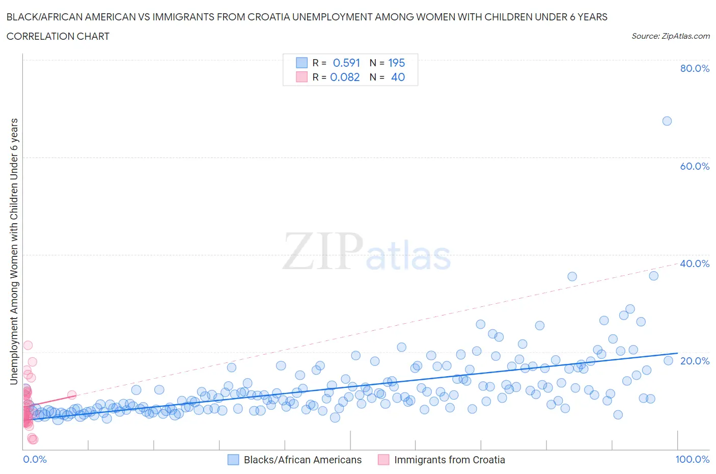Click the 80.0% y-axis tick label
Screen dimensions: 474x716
click(x=695, y=68)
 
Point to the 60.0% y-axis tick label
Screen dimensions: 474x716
click(x=695, y=166)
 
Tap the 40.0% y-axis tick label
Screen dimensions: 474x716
click(x=695, y=264)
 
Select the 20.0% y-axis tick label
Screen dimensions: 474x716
click(x=695, y=361)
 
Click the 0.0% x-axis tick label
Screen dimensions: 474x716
click(x=35, y=459)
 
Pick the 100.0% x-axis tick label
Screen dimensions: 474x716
click(x=692, y=459)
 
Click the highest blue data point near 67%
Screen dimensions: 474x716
click(x=667, y=121)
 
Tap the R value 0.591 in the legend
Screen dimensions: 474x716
click(x=346, y=63)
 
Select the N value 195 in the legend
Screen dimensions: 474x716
click(x=396, y=63)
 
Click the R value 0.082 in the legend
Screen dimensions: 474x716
click(x=345, y=77)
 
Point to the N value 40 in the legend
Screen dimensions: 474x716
click(x=398, y=77)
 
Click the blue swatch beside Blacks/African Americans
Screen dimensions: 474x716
click(x=233, y=460)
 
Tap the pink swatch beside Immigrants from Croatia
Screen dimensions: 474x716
click(x=383, y=460)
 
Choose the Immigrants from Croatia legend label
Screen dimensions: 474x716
click(x=450, y=460)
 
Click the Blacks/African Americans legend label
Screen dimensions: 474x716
click(x=302, y=460)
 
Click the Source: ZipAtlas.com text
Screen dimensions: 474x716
click(x=670, y=36)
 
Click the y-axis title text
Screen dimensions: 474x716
click(x=14, y=251)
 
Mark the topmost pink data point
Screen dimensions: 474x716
click(x=28, y=345)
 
